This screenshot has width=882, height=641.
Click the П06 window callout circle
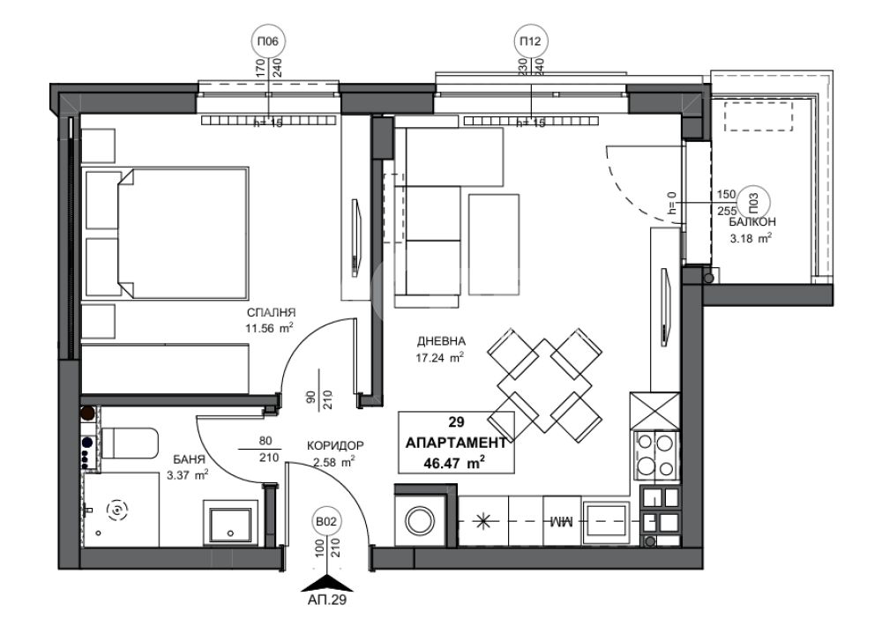point(268,41)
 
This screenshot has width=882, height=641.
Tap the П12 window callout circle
point(530,41)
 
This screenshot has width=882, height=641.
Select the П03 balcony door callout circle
point(754,201)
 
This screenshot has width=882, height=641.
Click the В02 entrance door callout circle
point(326,522)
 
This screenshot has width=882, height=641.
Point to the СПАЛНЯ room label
point(272,313)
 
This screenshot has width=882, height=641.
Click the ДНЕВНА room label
point(441,340)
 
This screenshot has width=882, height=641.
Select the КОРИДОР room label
point(335,446)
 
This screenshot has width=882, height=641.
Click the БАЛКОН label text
point(752,221)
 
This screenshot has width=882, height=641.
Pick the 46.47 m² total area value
point(456,463)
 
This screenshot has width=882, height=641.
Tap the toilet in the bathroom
point(130,443)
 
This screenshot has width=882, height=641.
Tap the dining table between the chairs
point(544,385)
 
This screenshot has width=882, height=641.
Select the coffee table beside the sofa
point(494,244)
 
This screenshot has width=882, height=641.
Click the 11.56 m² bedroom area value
point(269,328)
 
